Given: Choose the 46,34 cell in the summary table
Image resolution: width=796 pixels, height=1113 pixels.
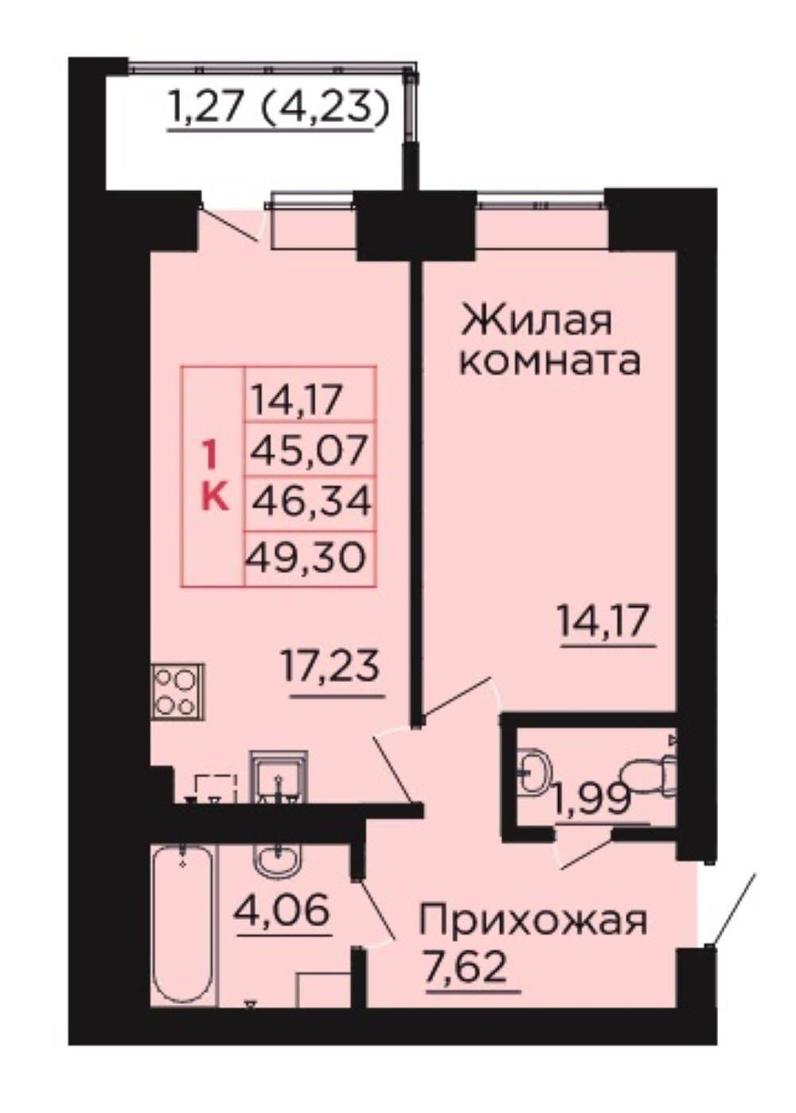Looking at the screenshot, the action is click(312, 504).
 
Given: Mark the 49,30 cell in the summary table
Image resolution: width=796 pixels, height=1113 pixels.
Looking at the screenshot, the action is click(306, 557).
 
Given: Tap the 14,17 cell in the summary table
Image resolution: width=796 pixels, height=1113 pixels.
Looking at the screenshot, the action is click(298, 399).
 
